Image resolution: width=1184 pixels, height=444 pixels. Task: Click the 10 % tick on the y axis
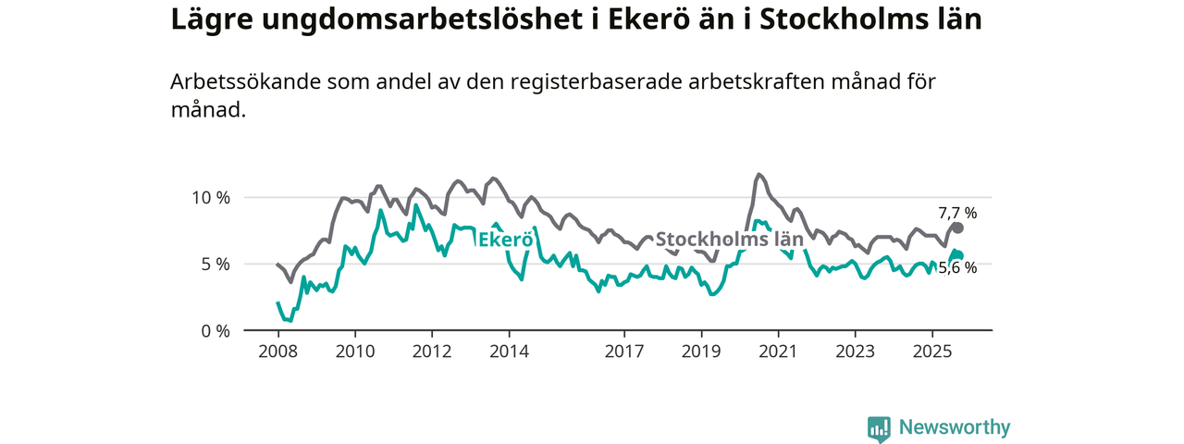(x=210, y=197)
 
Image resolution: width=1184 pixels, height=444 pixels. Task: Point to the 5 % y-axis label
(x=215, y=264)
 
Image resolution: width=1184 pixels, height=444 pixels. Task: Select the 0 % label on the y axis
(x=215, y=330)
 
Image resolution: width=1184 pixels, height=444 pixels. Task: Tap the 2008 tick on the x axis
(x=278, y=351)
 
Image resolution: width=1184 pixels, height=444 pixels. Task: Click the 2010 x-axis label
(x=355, y=351)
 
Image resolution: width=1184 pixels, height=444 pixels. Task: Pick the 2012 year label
(x=432, y=351)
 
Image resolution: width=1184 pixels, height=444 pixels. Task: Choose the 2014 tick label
(x=509, y=351)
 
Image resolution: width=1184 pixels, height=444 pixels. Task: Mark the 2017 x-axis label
(x=624, y=351)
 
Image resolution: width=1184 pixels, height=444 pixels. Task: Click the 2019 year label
(x=701, y=351)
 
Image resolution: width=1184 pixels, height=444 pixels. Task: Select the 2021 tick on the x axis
(x=778, y=351)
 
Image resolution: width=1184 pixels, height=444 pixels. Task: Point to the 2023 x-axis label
(x=855, y=351)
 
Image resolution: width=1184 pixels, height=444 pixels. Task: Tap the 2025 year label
(x=931, y=351)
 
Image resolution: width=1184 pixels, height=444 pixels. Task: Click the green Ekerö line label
(x=505, y=240)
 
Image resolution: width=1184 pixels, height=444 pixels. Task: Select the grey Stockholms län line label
(x=729, y=240)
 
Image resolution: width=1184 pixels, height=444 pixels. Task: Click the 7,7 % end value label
(x=957, y=213)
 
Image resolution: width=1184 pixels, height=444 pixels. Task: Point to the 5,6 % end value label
(x=957, y=267)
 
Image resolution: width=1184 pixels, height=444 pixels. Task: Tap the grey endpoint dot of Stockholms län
(x=958, y=228)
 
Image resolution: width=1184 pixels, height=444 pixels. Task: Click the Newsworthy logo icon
(x=879, y=428)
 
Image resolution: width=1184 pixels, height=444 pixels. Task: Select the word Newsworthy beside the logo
(x=955, y=427)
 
